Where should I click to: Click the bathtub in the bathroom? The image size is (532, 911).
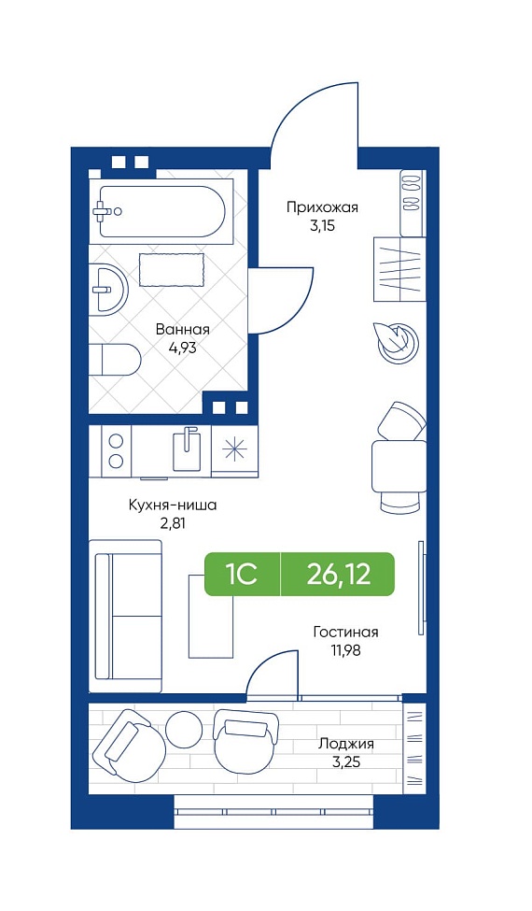click(161, 211)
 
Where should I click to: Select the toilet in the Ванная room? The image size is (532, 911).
click(115, 360)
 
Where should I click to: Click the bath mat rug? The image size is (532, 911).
click(172, 270)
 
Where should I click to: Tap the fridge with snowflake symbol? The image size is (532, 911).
click(234, 451)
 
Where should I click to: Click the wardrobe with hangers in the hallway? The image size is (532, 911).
click(399, 269)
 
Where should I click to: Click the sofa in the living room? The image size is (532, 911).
click(127, 616)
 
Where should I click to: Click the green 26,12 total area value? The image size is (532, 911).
click(339, 574)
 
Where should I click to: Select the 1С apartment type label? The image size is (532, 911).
click(242, 574)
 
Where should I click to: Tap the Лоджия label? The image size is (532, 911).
click(345, 745)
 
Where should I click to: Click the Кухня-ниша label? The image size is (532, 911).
click(173, 505)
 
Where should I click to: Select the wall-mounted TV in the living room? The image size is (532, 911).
click(421, 587)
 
